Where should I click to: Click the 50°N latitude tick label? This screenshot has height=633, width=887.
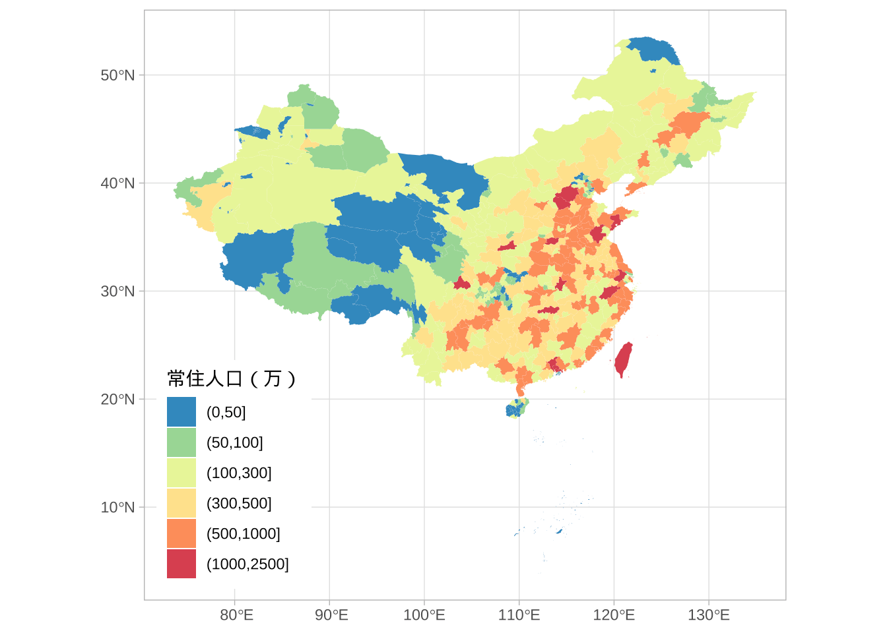117,75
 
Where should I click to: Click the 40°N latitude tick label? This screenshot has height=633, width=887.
117,183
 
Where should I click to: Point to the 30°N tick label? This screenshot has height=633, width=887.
117,291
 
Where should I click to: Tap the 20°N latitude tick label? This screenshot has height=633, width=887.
117,400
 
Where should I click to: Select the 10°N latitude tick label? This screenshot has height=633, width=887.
117,508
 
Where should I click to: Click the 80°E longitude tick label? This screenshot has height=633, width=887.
236,616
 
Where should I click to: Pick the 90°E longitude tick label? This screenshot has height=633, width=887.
331,616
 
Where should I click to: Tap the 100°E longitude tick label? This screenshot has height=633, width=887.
424,616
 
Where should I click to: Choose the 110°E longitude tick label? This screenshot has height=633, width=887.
519,616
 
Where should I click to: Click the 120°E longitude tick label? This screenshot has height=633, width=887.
614,616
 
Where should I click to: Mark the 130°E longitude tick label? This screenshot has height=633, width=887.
709,616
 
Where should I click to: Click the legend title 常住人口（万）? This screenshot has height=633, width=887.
232,378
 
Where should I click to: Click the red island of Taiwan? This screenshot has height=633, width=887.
622,359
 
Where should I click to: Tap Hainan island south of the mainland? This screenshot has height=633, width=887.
515,409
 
